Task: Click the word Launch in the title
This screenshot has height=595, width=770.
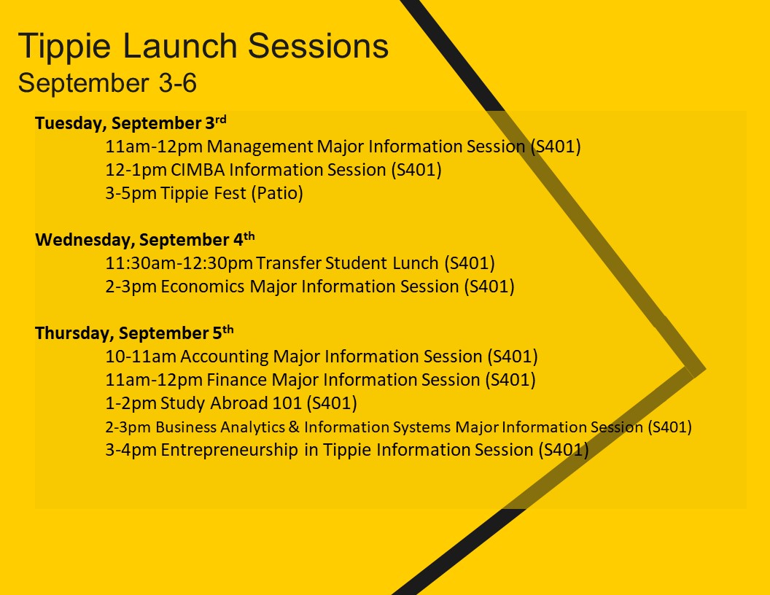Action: [x=180, y=46]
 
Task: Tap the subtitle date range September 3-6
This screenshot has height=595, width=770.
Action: [x=107, y=82]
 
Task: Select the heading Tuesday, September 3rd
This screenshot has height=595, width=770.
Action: [x=131, y=122]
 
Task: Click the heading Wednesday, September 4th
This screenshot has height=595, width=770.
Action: [x=145, y=239]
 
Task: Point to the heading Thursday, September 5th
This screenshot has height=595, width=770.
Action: [x=134, y=332]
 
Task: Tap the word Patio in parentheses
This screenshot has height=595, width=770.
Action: [x=278, y=193]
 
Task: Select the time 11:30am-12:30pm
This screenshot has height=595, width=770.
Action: [x=179, y=263]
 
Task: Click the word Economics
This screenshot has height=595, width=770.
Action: [x=202, y=287]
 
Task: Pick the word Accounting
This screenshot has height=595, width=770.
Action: [x=225, y=357]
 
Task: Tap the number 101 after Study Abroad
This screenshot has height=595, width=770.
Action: [x=287, y=403]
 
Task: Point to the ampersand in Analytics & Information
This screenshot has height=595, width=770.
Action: [x=294, y=427]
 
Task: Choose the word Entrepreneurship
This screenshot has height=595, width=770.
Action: [x=229, y=450]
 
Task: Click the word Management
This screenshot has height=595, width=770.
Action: [x=260, y=147]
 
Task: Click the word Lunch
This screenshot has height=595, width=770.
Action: [x=416, y=263]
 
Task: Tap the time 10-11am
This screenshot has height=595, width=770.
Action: [x=141, y=357]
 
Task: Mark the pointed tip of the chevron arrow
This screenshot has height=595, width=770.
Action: [x=705, y=369]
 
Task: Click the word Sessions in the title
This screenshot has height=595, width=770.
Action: [x=318, y=46]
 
